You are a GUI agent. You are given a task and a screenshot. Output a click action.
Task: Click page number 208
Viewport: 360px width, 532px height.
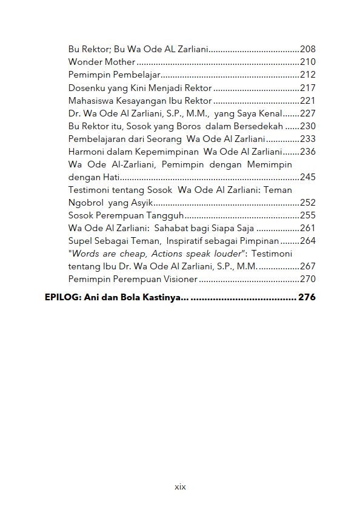(308, 49)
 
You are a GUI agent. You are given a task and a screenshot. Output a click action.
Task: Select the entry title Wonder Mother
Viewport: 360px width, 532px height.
(102, 62)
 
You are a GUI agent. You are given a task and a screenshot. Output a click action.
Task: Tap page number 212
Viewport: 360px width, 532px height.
(308, 75)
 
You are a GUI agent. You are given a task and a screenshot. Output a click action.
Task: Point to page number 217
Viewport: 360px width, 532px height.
(308, 88)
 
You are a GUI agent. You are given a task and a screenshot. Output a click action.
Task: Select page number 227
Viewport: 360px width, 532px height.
(308, 113)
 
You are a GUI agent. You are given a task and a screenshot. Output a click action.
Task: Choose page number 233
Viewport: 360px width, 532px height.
(308, 139)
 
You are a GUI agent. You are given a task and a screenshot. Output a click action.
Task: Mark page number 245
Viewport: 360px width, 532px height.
(308, 177)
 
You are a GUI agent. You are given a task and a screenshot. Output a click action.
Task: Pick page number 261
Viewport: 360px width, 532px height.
(308, 228)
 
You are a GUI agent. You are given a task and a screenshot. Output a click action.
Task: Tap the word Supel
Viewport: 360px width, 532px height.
(80, 241)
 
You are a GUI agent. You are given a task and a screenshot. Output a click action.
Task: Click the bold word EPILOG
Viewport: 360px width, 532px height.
(60, 298)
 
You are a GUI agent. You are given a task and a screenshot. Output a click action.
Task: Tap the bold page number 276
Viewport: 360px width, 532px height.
(307, 298)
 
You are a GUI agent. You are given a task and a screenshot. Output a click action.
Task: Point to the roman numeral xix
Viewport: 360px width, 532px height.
(180, 487)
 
